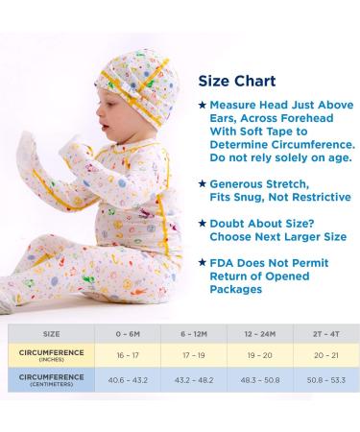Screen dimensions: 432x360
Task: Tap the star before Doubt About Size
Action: pos(202,222)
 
